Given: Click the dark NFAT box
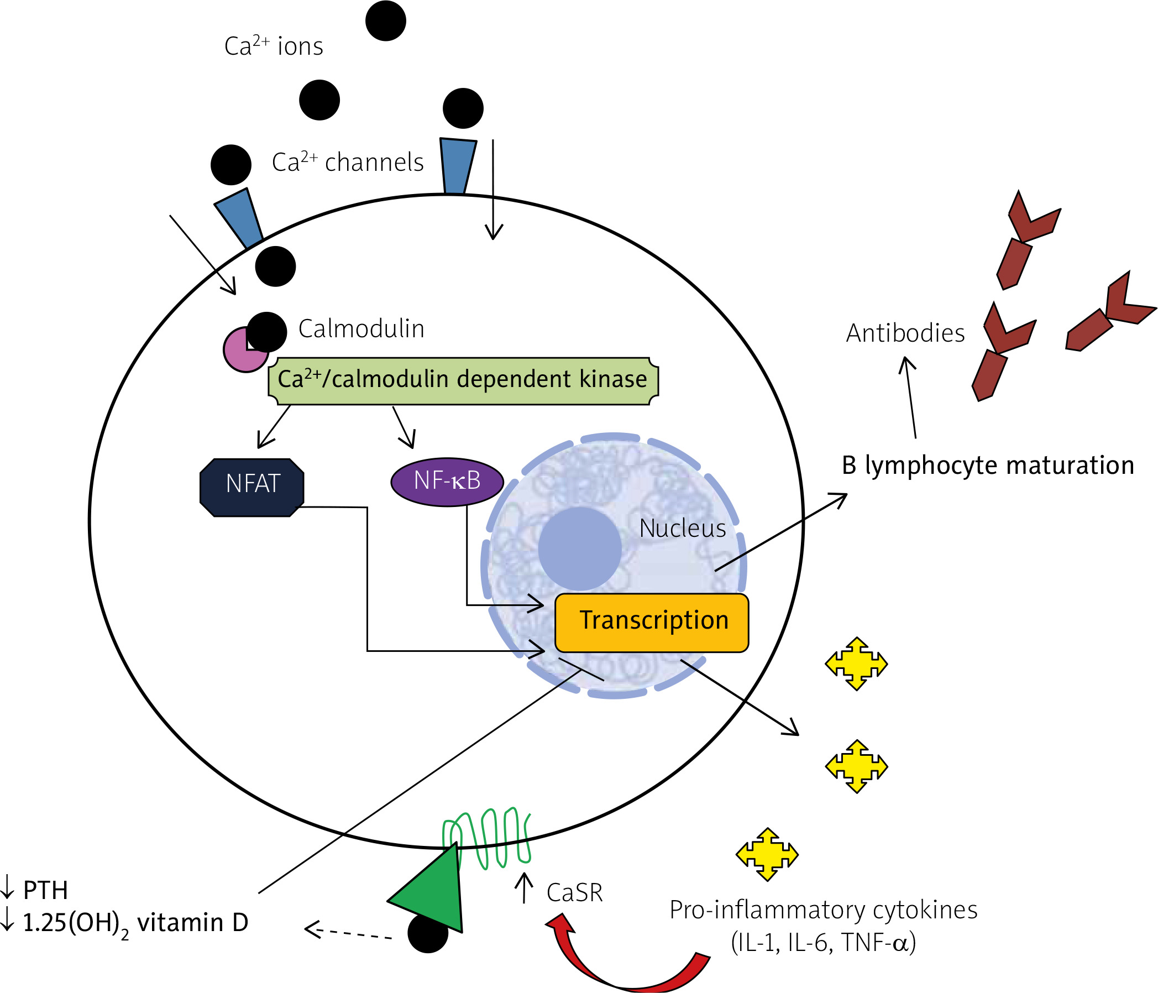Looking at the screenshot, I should point(252,487).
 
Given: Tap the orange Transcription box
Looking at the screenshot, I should point(652,623).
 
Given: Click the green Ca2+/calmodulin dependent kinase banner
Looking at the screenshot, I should point(463,380).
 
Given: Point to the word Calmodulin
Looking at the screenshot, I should point(361,329).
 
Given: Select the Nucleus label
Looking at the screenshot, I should point(683,529).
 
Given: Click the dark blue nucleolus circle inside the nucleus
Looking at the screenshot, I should point(580,548).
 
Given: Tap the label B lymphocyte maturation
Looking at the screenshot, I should point(988,465).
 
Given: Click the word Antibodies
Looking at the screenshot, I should point(905,333).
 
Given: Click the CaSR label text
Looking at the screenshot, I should point(574,893).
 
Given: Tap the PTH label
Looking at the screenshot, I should point(45,890).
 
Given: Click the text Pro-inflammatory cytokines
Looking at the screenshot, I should point(823,910).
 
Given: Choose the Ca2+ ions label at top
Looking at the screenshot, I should point(273,46).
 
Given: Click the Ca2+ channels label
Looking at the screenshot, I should point(347,162).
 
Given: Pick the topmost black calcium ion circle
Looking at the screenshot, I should point(386,20).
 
